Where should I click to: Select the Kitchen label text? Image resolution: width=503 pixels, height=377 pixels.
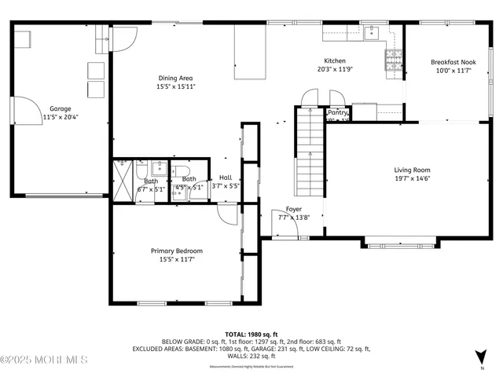click(x=335, y=60)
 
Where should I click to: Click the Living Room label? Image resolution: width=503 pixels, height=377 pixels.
click(x=412, y=170)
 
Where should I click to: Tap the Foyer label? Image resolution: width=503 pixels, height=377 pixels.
click(x=293, y=209)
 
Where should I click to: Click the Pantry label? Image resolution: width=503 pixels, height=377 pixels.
click(x=337, y=113)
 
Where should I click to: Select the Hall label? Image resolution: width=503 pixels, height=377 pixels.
click(x=226, y=178)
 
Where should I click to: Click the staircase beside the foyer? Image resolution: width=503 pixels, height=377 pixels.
click(x=310, y=153)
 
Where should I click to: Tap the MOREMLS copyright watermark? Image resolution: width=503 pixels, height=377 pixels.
click(x=44, y=361)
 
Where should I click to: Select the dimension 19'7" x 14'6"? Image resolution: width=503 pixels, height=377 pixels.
click(x=412, y=179)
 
